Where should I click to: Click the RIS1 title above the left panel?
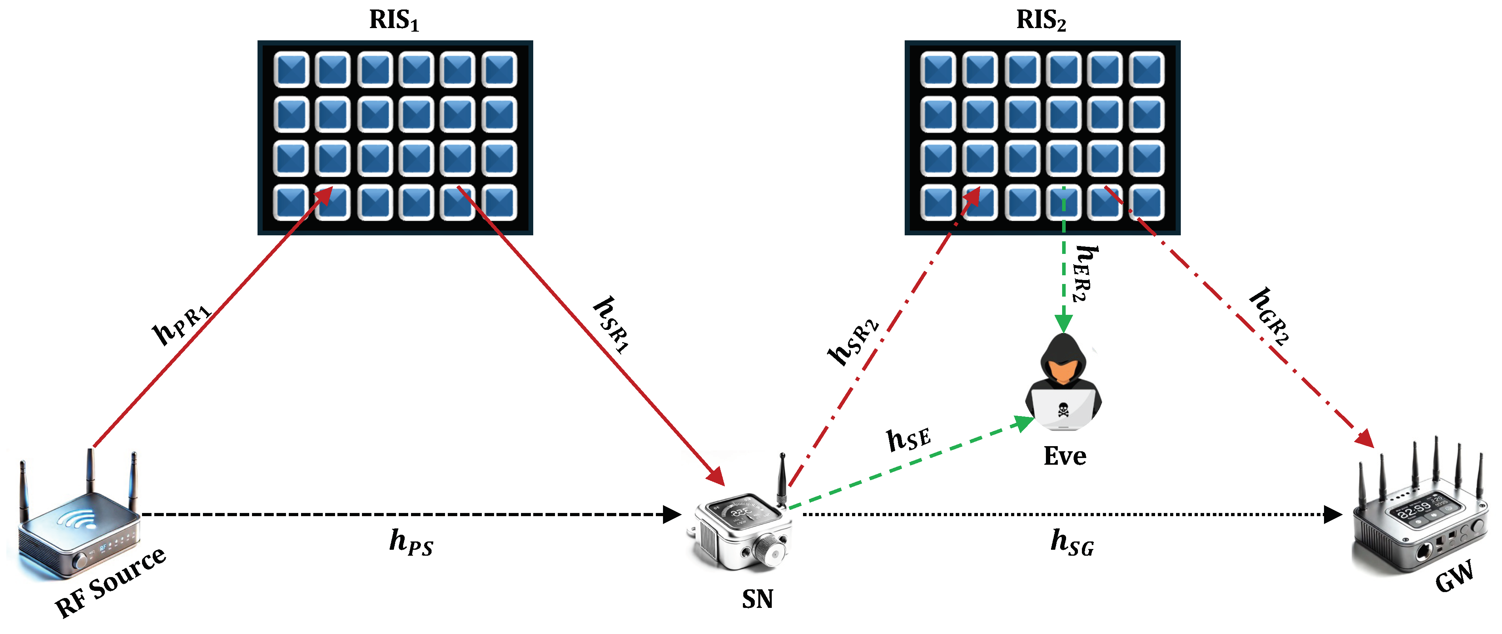pyautogui.click(x=394, y=21)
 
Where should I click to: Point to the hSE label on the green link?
pyautogui.click(x=908, y=439)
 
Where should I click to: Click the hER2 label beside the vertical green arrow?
pyautogui.click(x=1083, y=273)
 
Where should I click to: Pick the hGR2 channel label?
pyautogui.click(x=1270, y=318)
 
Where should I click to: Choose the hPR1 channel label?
pyautogui.click(x=181, y=325)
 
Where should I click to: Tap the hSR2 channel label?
pyautogui.click(x=853, y=343)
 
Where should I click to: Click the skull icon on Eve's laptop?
pyautogui.click(x=1063, y=410)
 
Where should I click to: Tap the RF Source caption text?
pyautogui.click(x=111, y=583)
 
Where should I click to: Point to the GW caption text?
pyautogui.click(x=1454, y=577)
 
